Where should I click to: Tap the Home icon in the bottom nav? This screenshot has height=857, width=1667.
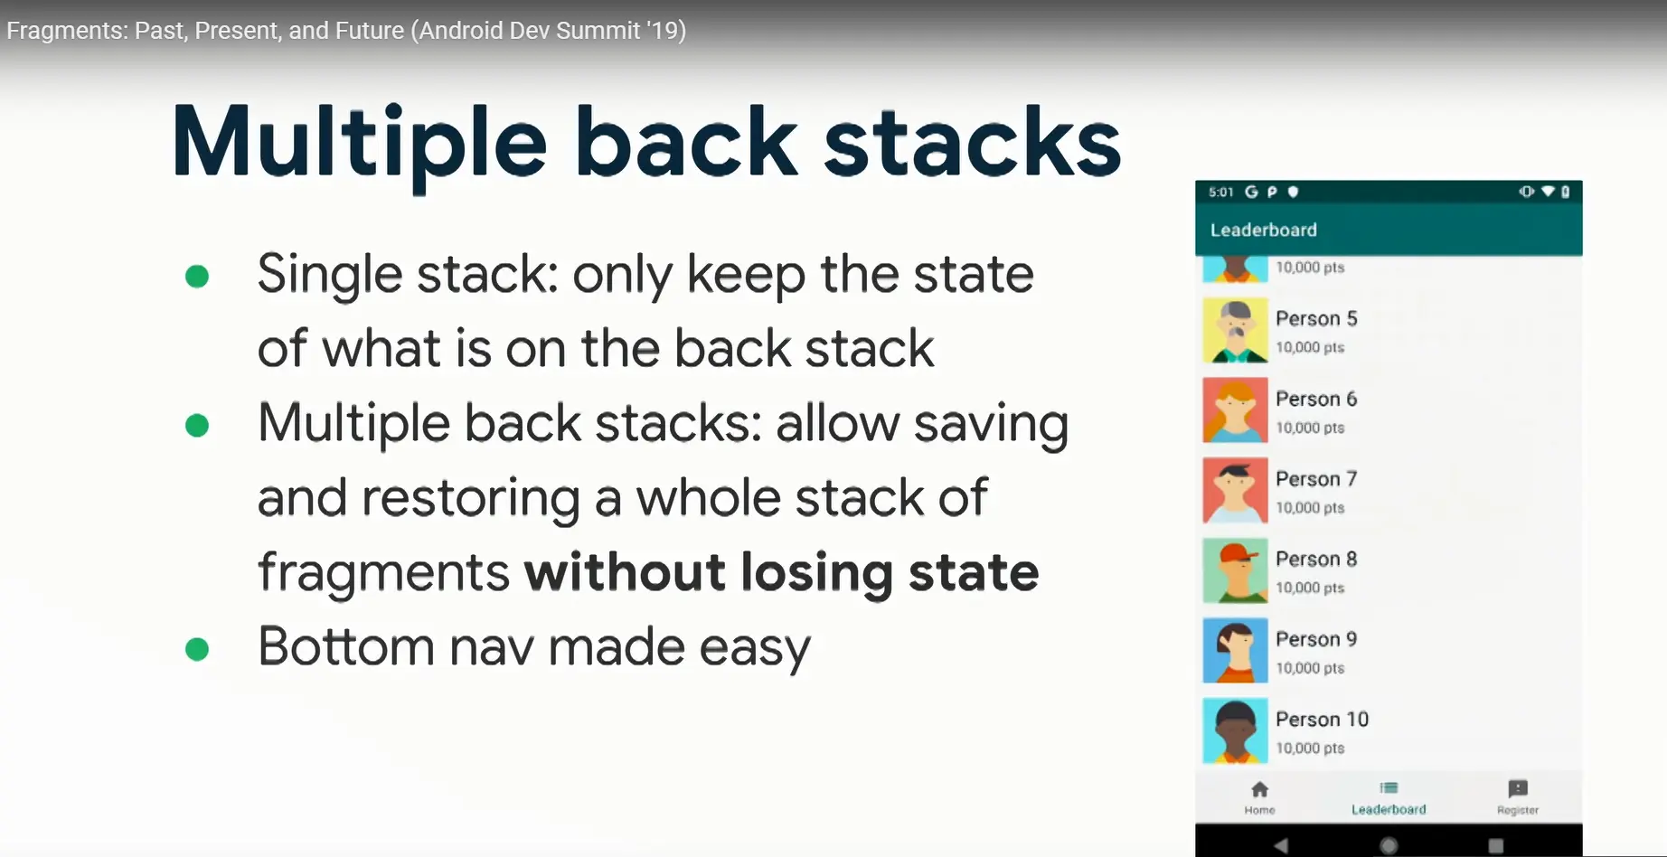[1259, 789]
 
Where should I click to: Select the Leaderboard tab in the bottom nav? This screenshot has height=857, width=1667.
[1389, 797]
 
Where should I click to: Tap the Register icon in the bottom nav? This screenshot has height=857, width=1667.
[1518, 788]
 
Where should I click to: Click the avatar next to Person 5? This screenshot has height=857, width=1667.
[1235, 331]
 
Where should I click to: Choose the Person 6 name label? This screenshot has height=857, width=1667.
[1316, 399]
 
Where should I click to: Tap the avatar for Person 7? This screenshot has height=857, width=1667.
[1235, 491]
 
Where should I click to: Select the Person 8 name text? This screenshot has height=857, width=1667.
[1316, 559]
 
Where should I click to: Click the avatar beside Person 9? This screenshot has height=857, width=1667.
[1235, 651]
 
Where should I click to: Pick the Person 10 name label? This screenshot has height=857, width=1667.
[1322, 719]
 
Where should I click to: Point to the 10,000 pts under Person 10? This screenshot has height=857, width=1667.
[1310, 749]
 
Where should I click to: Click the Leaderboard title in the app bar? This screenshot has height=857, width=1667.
[1263, 230]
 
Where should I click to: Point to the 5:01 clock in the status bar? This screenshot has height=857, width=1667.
[1220, 192]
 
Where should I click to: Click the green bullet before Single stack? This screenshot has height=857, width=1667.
[197, 276]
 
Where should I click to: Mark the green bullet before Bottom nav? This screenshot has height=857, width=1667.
[197, 649]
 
